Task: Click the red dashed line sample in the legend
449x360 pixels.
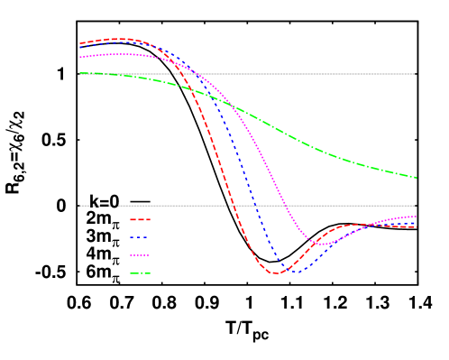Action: (x=140, y=219)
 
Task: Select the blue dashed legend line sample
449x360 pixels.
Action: (x=140, y=237)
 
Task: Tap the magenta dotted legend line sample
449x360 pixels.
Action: (x=140, y=255)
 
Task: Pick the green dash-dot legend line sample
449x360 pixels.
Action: (x=140, y=273)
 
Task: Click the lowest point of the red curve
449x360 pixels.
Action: (x=275, y=272)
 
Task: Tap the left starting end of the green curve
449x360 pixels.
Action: (x=79, y=73)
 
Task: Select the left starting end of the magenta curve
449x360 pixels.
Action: (x=79, y=57)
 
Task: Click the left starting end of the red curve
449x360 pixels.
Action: (x=79, y=43)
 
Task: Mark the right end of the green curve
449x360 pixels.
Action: (x=417, y=178)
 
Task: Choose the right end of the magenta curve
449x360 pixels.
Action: (x=417, y=217)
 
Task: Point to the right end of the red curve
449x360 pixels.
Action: (x=417, y=226)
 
